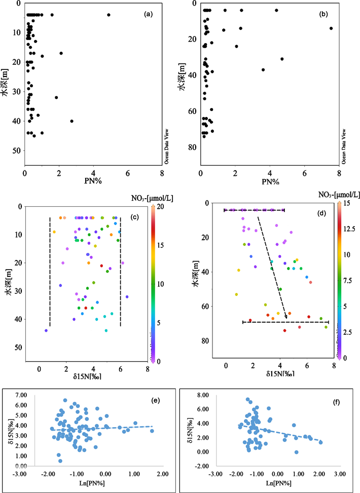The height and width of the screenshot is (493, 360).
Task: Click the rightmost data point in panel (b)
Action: tap(331, 28)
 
